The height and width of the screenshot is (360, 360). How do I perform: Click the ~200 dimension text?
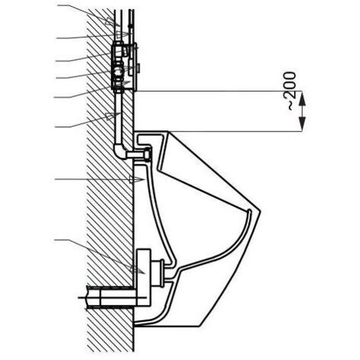click(x=292, y=91)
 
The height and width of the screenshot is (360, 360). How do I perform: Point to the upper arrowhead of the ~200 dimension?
click(x=302, y=98)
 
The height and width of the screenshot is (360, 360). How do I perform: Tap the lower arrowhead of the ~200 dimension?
click(x=302, y=124)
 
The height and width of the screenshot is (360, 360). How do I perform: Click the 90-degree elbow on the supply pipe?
click(x=120, y=151)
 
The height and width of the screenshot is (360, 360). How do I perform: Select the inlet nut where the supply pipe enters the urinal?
click(x=148, y=154)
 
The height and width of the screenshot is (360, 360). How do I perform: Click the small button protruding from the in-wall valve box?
click(x=139, y=67)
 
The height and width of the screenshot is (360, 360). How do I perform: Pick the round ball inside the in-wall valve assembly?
click(x=119, y=70)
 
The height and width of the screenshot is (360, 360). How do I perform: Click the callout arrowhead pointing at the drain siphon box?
click(x=137, y=270)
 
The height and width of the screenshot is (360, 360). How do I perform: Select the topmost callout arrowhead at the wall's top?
click(x=113, y=22)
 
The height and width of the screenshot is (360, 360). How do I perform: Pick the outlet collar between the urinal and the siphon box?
click(x=162, y=272)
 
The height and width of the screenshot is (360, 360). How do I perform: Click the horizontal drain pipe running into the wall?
click(x=113, y=296)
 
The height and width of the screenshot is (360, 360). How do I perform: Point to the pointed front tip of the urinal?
click(x=260, y=211)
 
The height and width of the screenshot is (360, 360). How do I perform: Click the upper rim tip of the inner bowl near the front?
click(x=249, y=211)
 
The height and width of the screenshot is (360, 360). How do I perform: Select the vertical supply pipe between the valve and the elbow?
click(x=118, y=117)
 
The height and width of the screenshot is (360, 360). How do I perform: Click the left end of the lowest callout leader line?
click(x=55, y=240)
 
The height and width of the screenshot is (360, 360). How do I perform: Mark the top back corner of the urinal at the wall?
click(x=135, y=132)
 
